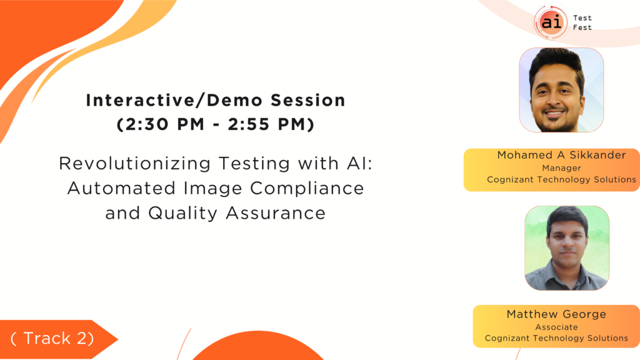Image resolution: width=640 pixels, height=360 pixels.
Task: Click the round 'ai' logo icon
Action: point(551,22)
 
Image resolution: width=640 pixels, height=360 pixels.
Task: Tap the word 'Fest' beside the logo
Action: point(582,27)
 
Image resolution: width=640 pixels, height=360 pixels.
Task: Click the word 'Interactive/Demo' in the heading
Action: point(174,101)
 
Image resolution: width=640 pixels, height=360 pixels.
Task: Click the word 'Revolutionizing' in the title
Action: point(135,163)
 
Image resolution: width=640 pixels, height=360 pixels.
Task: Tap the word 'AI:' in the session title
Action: point(359,163)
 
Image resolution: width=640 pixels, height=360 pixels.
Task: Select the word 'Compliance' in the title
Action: point(307,188)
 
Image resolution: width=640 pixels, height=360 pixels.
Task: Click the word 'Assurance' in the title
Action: point(276,213)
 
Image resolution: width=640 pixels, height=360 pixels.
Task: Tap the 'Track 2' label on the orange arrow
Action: point(52,338)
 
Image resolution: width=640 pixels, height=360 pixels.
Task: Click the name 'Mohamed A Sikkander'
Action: point(562,155)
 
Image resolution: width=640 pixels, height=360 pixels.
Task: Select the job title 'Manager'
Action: point(562,167)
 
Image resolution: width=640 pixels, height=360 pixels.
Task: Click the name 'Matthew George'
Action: point(556,314)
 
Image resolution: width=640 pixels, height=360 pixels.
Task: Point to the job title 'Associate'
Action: point(556,327)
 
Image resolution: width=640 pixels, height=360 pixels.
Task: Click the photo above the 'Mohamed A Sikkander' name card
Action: point(561,90)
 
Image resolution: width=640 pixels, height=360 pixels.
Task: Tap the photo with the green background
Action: point(567,248)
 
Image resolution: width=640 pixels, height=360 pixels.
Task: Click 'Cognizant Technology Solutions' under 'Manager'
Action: point(562,179)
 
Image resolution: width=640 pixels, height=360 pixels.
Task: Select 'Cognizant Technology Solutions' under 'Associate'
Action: point(556,338)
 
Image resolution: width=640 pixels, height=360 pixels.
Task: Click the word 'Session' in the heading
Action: point(308,101)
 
